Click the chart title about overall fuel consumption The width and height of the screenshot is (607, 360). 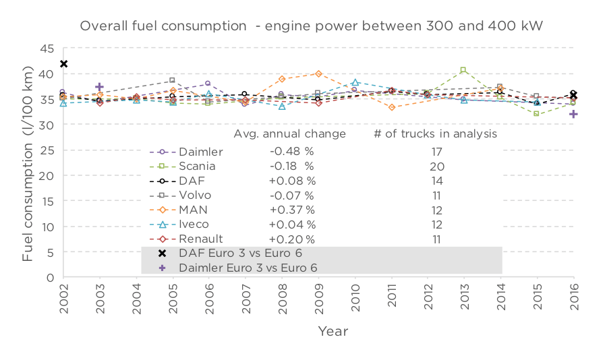(312, 26)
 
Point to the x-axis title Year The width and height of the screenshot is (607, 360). (333, 331)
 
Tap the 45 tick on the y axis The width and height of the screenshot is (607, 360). (47, 49)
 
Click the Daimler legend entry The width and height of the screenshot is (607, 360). (200, 152)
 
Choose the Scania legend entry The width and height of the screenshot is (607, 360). (196, 166)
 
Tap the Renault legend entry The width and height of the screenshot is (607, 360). (200, 239)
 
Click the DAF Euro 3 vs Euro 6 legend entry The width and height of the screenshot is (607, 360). (240, 253)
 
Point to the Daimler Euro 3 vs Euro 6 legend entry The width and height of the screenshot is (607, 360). (248, 268)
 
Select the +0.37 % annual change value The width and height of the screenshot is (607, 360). (291, 210)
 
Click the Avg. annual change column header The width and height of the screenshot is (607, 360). (290, 134)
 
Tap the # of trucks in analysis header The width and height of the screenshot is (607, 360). (436, 134)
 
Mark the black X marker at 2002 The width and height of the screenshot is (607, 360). (63, 64)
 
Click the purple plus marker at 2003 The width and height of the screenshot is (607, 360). (100, 87)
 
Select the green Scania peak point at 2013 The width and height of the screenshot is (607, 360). (463, 70)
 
